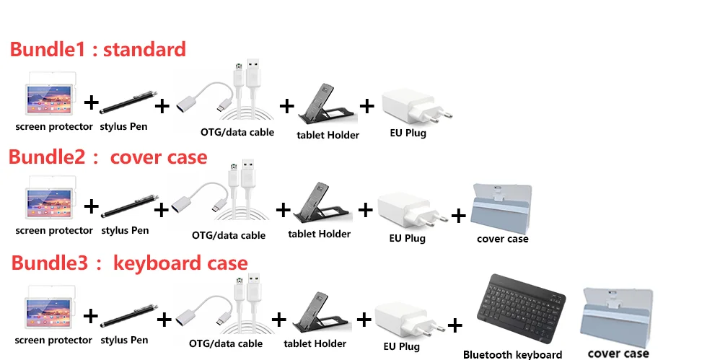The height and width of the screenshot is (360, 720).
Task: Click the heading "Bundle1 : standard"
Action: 98,49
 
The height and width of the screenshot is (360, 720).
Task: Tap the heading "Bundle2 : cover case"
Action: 108,157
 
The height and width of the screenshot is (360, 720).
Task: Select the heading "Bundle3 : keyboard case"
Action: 129,263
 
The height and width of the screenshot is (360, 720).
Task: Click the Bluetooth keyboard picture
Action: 522,309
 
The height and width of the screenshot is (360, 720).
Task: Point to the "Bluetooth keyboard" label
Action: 512,354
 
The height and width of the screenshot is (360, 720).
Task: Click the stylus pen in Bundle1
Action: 128,102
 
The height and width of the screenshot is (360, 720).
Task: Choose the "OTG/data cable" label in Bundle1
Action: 237,132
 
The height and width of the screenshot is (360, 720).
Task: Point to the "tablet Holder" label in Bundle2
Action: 319,234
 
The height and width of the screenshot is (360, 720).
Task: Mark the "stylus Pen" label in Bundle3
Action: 124,341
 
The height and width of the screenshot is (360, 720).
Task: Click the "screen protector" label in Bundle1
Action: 54,126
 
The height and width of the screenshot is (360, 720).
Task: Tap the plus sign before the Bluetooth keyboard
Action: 455,325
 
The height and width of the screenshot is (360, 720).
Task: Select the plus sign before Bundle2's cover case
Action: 458,215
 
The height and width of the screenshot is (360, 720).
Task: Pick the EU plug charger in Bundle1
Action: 416,106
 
